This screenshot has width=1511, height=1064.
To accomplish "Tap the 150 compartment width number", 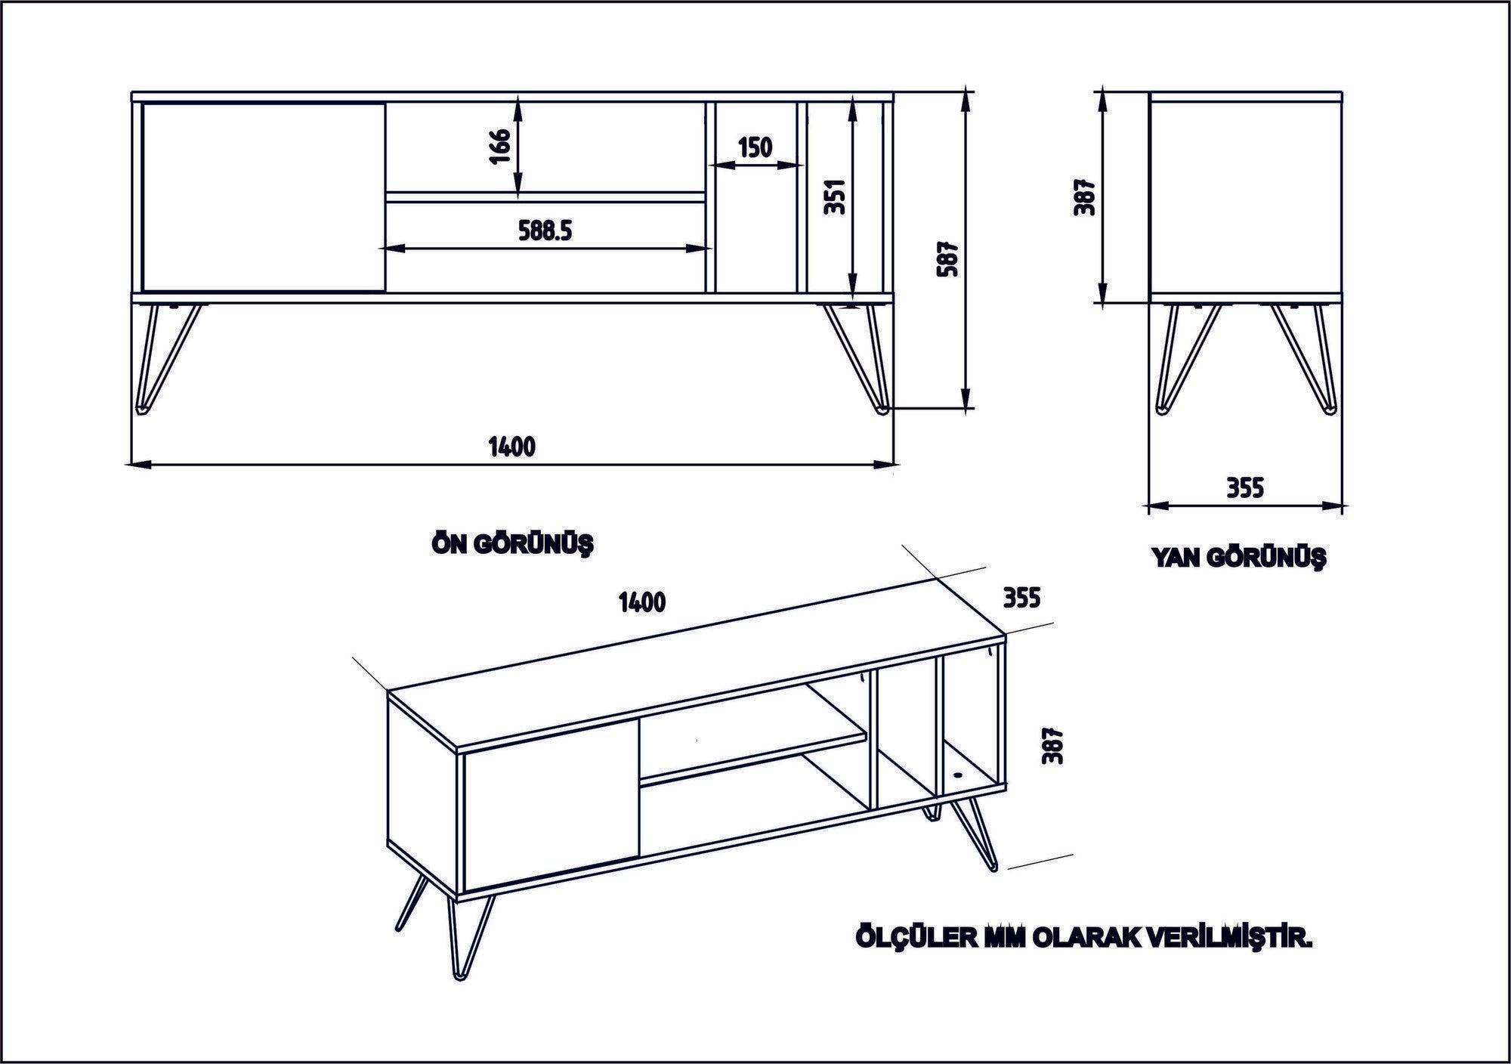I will (x=755, y=147).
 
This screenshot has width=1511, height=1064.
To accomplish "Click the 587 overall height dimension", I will (x=947, y=258).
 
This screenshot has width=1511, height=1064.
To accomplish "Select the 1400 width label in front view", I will (x=511, y=447).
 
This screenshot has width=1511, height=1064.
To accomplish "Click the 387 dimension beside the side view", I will (x=1084, y=197).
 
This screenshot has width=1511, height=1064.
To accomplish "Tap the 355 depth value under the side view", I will (x=1244, y=488).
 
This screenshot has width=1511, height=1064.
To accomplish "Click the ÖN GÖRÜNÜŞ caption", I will (x=511, y=543).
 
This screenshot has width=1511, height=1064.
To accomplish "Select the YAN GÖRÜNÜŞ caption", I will (x=1238, y=558).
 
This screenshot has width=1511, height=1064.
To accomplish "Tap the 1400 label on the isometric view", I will (x=641, y=602).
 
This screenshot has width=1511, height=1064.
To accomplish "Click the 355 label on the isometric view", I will (x=1021, y=598).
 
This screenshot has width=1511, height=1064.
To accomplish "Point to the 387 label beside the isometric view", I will (x=1052, y=745).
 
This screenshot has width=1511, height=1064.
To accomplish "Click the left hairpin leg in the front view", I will (x=165, y=355).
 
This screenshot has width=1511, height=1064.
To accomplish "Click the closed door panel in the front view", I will (x=263, y=196).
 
